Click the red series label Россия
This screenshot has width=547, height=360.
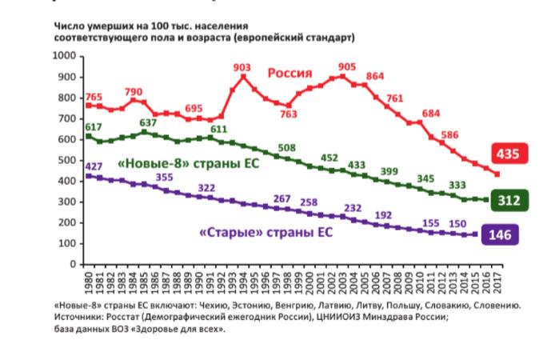click(x=289, y=73)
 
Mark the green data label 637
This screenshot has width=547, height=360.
click(x=146, y=122)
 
